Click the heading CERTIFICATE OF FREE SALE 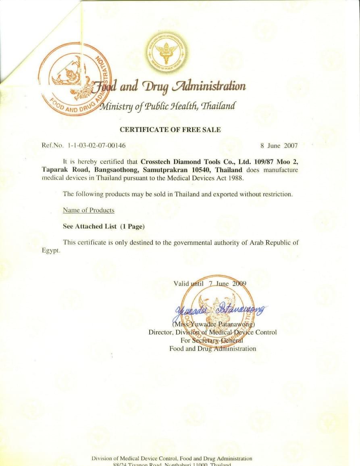(x=170, y=130)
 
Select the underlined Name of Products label (x=88, y=210)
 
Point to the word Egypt (x=50, y=250)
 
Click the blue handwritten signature (x=220, y=310)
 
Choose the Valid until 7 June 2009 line (x=210, y=284)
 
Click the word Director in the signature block (x=160, y=332)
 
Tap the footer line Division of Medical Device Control (x=172, y=458)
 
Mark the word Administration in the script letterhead (x=209, y=86)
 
